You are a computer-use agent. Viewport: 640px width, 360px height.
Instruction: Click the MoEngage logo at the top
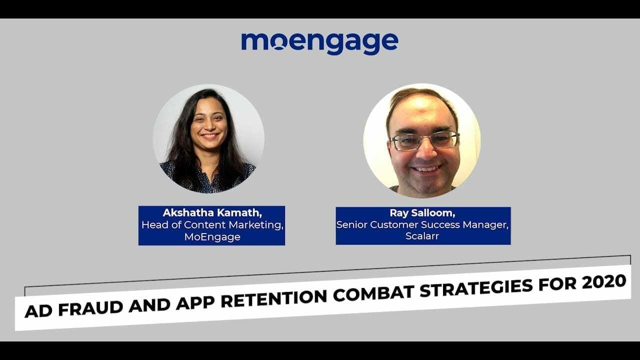[319, 43]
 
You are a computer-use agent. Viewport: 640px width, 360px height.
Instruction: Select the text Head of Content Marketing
[212, 225]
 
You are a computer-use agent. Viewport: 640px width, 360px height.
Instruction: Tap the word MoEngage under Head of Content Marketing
[212, 237]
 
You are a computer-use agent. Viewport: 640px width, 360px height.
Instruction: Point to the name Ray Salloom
[422, 213]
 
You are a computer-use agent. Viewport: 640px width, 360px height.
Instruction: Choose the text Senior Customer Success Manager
[422, 225]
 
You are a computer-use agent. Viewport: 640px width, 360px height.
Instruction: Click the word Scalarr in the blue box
[422, 236]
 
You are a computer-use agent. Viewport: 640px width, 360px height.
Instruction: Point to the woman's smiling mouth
[209, 135]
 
